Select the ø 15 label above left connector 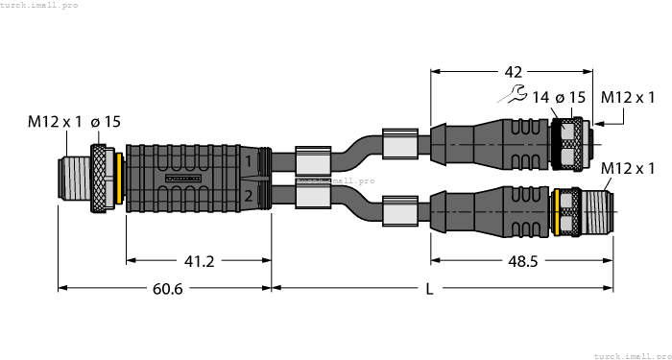108,122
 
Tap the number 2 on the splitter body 248,197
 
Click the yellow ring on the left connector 117,178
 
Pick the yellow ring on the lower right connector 556,211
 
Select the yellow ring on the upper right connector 554,136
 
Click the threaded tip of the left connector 74,178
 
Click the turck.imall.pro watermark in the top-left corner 39,6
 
